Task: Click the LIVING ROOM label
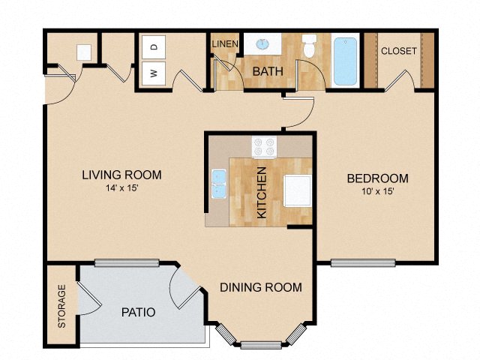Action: coord(121,175)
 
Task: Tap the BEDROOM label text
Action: coord(377,178)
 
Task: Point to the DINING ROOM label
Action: coord(261,287)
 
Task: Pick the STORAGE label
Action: coord(62,305)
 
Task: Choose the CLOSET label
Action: coord(398,52)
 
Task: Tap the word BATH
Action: coord(267,72)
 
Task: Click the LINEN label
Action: coord(224,44)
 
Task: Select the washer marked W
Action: coord(154,73)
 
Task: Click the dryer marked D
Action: coord(154,47)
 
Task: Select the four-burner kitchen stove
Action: coord(264,145)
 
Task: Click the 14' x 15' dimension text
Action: coord(121,189)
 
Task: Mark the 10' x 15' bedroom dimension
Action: coord(377,192)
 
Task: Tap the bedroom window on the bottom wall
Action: coord(363,262)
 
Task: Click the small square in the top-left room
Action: coord(84,52)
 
